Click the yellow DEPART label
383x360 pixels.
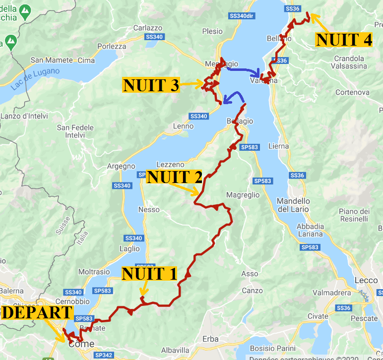[x=37, y=312]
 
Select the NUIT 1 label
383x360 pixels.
[x=149, y=274]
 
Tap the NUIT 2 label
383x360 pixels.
[x=175, y=177]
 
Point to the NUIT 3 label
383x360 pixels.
[x=151, y=85]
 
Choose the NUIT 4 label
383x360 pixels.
[x=344, y=40]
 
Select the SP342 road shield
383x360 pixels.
[x=103, y=355]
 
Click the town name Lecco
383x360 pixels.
[x=366, y=280]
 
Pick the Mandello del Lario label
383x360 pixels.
[x=293, y=205]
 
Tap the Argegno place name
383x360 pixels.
[x=121, y=166]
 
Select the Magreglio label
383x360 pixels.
[x=243, y=195]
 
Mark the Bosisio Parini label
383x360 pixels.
[x=272, y=348]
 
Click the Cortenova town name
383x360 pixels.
[x=352, y=92]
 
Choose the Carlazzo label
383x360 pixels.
[x=148, y=28]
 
